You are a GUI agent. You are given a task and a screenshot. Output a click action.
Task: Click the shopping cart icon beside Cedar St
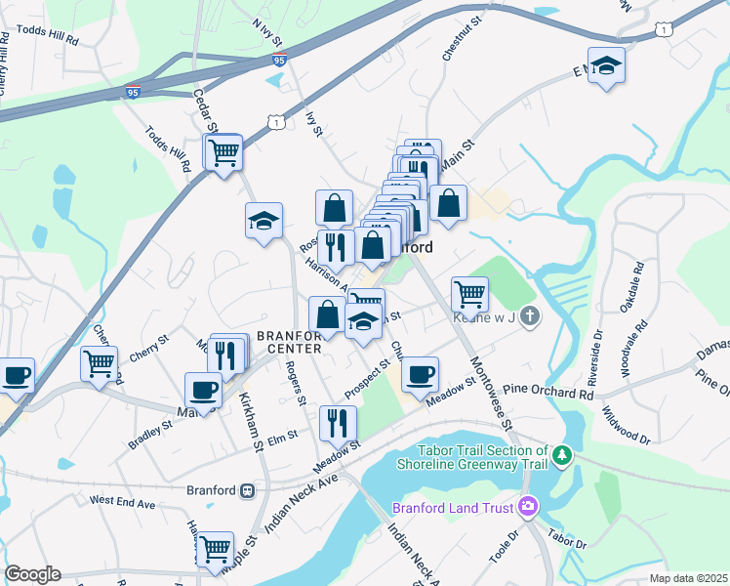pyautogui.click(x=224, y=152)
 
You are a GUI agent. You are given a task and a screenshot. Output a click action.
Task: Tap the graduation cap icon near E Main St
pyautogui.click(x=607, y=65)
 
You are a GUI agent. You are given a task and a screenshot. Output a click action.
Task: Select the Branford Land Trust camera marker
pyautogui.click(x=528, y=506)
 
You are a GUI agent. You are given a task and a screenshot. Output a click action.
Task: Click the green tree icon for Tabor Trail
pyautogui.click(x=561, y=455)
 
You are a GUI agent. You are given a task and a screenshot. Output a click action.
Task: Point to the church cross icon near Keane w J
pyautogui.click(x=529, y=315)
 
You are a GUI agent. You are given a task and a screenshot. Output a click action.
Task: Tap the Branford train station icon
pyautogui.click(x=249, y=490)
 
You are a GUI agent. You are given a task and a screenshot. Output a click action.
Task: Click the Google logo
pyautogui.click(x=32, y=574)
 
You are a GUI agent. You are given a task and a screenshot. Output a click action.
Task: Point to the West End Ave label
pyautogui.click(x=122, y=502)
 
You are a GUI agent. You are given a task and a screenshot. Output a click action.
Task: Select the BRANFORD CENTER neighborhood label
pyautogui.click(x=290, y=342)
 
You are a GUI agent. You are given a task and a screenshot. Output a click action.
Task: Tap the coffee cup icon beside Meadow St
pyautogui.click(x=420, y=374)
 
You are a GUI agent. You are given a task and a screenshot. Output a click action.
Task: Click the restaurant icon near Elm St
pyautogui.click(x=338, y=422)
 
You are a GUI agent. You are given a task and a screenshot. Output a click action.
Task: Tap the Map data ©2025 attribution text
pyautogui.click(x=688, y=578)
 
